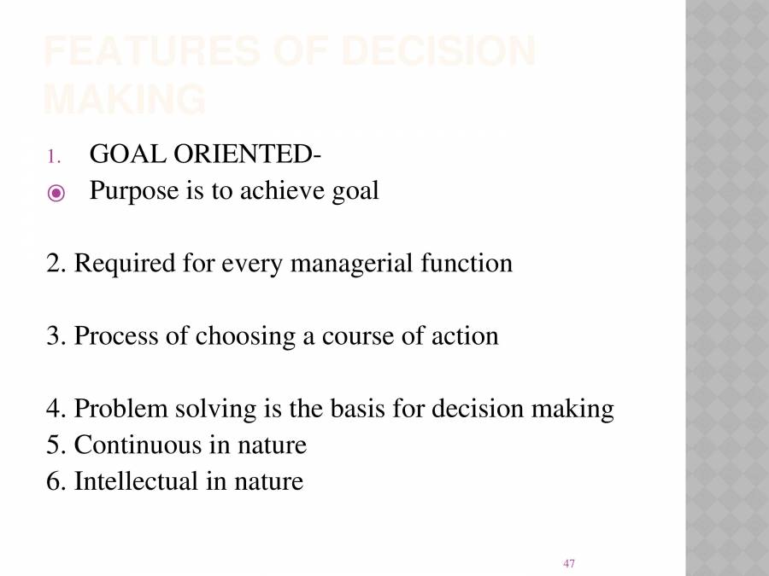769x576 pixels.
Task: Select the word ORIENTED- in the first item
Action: [248, 154]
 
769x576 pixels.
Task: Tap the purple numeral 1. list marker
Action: [53, 156]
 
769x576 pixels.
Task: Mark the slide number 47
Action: [569, 563]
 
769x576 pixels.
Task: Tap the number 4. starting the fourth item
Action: [56, 410]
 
